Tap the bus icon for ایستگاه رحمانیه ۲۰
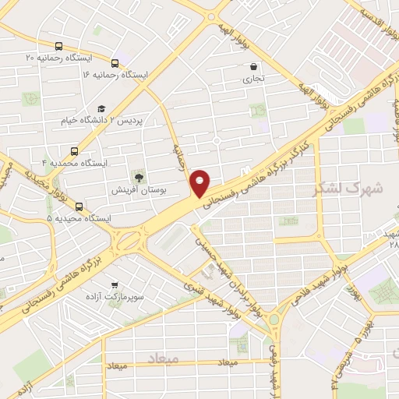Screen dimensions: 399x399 click(60, 46)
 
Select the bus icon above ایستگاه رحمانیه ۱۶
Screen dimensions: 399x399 click(115, 62)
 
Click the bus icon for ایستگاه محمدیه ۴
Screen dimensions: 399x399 click(74, 151)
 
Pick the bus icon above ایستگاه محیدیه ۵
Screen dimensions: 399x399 click(79, 206)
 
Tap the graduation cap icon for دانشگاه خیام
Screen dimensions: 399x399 click(101, 109)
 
